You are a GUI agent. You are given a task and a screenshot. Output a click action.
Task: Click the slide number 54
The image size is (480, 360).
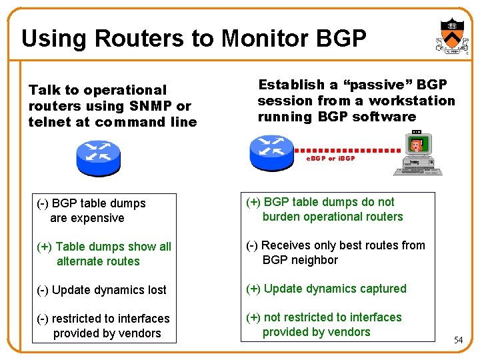[x=458, y=341]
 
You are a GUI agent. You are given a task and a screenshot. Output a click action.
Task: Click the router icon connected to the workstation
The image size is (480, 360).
[x=271, y=151]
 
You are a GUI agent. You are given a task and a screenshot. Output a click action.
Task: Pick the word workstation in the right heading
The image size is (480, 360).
[x=411, y=101]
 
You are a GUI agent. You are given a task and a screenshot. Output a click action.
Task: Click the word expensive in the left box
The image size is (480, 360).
[x=96, y=218]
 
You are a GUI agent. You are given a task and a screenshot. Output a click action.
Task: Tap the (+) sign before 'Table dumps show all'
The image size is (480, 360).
[x=43, y=247]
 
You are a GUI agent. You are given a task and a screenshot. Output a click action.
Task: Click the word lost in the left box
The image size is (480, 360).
[x=153, y=290]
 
